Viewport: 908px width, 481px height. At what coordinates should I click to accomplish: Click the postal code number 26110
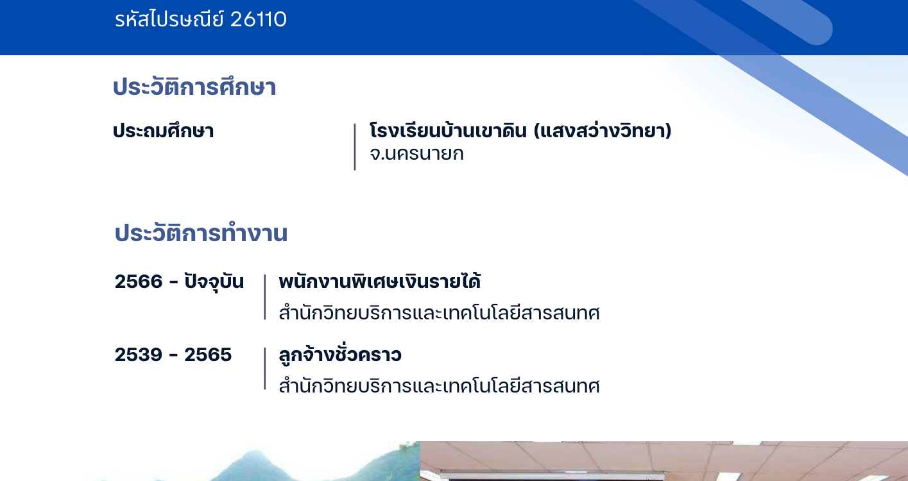tap(258, 19)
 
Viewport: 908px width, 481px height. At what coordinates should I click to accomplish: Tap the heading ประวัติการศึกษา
tap(194, 87)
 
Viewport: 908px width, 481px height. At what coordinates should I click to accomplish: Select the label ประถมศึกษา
tap(164, 131)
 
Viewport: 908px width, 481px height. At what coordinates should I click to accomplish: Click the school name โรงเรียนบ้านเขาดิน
tap(449, 130)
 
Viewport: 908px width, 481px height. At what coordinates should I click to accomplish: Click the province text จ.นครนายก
tap(416, 153)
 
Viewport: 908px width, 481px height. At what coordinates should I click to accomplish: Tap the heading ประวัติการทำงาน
tap(201, 233)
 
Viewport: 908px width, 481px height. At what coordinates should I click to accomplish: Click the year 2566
tap(139, 282)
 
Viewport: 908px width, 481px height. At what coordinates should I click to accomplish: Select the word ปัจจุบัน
tap(214, 282)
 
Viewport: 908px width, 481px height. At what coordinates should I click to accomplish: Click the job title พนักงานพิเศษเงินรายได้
tap(380, 282)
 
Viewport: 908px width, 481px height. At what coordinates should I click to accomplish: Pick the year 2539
tap(139, 355)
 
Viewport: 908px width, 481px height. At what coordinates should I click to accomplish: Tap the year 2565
tap(208, 355)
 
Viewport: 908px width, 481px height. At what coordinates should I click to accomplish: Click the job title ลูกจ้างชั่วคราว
tap(340, 354)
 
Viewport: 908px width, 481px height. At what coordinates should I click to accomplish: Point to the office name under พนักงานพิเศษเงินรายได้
tap(440, 313)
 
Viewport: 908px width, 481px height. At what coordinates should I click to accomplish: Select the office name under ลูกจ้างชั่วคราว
tap(440, 386)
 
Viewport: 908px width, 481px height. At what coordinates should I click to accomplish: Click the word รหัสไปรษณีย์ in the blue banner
tap(169, 19)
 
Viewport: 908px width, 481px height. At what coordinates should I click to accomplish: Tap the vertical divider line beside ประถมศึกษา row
tap(355, 147)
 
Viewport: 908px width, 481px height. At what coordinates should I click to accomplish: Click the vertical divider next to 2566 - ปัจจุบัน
tap(264, 297)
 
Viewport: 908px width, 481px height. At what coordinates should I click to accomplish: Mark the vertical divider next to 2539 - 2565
tap(264, 368)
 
